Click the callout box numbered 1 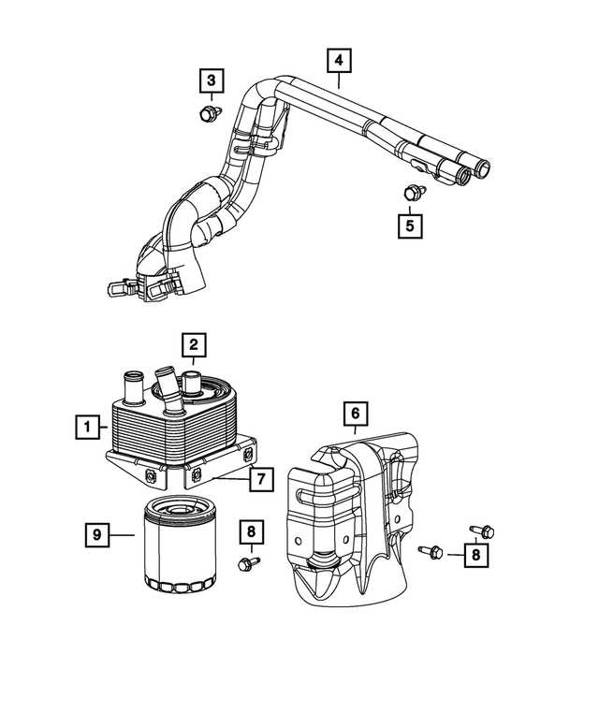pyautogui.click(x=88, y=429)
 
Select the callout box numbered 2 pyautogui.click(x=194, y=346)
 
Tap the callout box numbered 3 pyautogui.click(x=212, y=81)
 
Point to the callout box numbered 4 pyautogui.click(x=339, y=61)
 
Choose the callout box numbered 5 pyautogui.click(x=410, y=225)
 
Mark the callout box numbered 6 pyautogui.click(x=356, y=412)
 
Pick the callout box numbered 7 pyautogui.click(x=261, y=480)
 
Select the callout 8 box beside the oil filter pyautogui.click(x=250, y=532)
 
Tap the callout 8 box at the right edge pyautogui.click(x=476, y=555)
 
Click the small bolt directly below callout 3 pyautogui.click(x=207, y=114)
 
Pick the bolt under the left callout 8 pyautogui.click(x=249, y=563)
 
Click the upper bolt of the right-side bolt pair pyautogui.click(x=482, y=531)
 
